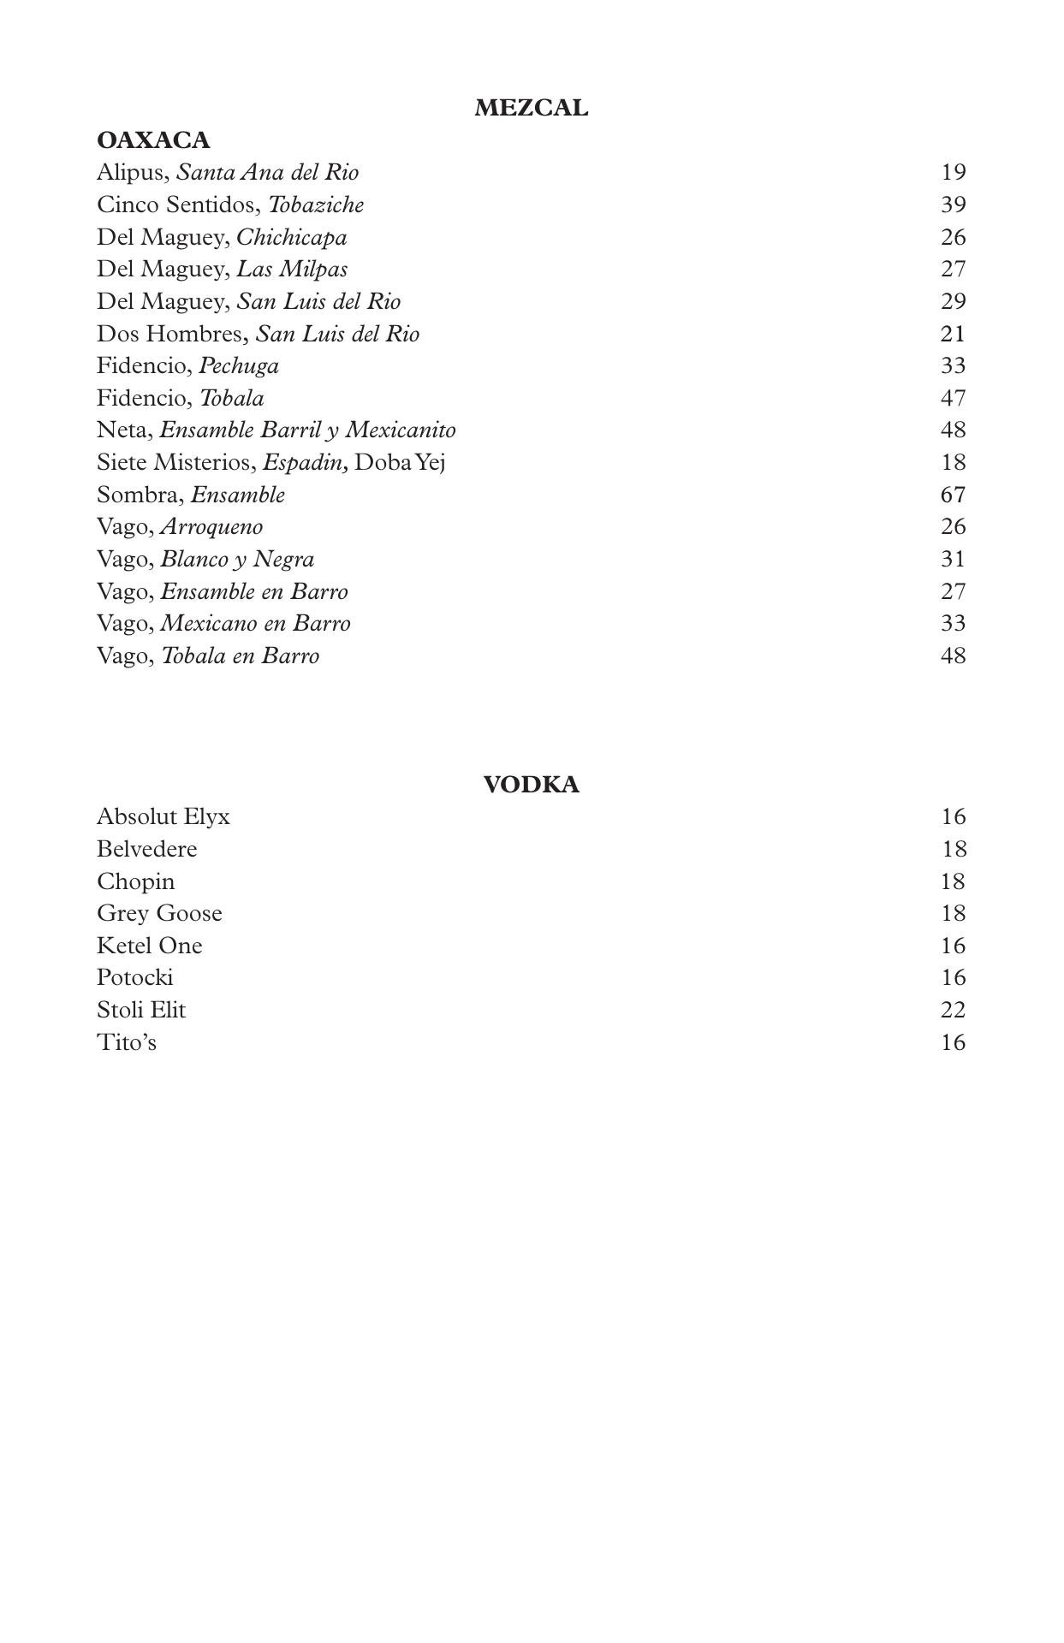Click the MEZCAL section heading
531,109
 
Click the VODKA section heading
531,785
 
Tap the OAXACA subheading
153,140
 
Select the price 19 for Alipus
953,173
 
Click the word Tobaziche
316,205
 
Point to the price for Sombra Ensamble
953,495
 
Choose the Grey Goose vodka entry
159,914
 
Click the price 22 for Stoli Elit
953,1011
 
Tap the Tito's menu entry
127,1043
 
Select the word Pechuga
239,366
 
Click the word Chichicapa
292,238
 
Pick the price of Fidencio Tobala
953,399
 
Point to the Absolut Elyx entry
163,817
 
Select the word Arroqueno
211,527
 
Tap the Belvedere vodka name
147,850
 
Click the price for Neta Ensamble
953,430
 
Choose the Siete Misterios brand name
175,463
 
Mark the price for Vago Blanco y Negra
953,560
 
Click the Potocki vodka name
135,978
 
